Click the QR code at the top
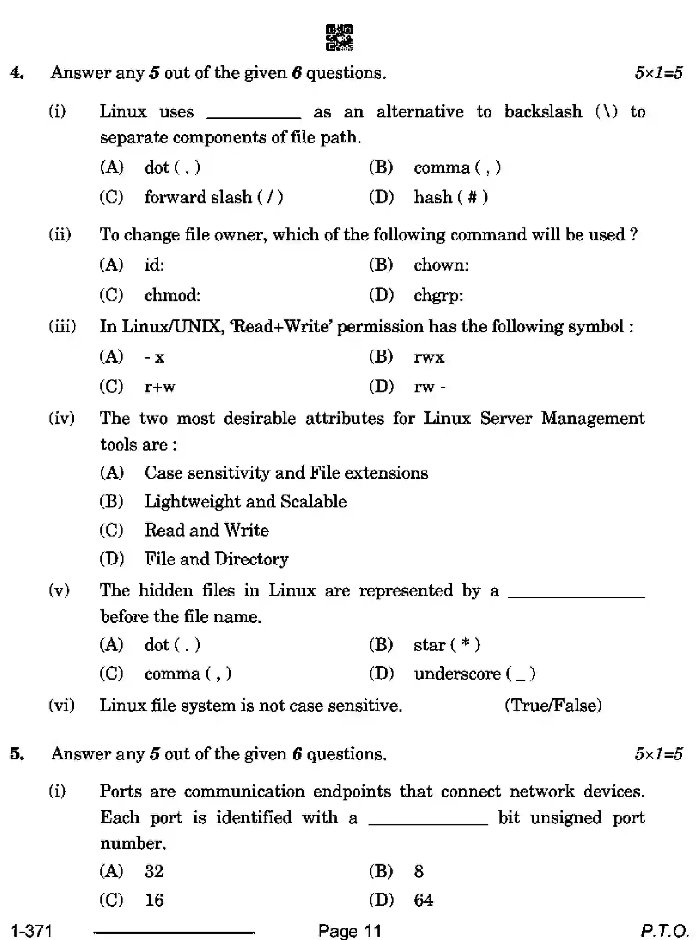[x=339, y=37]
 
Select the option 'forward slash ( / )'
[x=213, y=197]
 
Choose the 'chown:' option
[x=441, y=265]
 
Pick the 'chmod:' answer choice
[x=172, y=295]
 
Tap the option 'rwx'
[x=429, y=357]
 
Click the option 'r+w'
[x=160, y=387]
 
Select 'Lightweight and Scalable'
[x=246, y=502]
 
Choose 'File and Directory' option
[x=216, y=559]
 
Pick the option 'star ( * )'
[x=447, y=645]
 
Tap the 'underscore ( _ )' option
[x=474, y=674]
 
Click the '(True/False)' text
[x=553, y=706]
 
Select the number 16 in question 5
[x=154, y=900]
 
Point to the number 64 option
[x=423, y=900]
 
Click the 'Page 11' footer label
[x=349, y=930]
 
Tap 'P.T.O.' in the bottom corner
[x=664, y=930]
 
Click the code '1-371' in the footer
[x=31, y=930]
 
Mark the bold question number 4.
[x=17, y=73]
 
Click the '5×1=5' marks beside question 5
[x=659, y=754]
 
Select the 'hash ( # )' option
[x=450, y=197]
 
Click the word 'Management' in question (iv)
[x=592, y=419]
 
